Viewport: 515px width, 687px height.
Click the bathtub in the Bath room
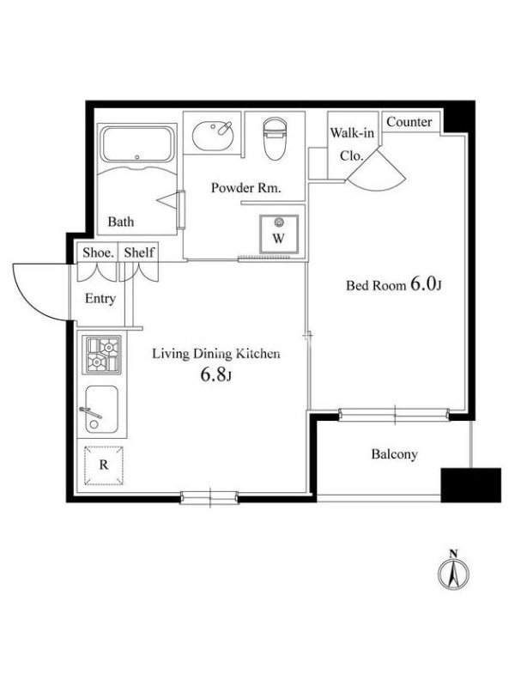click(137, 144)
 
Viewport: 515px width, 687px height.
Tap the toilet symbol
click(275, 137)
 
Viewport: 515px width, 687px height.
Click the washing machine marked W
click(279, 234)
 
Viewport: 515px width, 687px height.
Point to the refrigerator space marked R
click(104, 465)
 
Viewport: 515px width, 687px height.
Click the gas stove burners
click(103, 355)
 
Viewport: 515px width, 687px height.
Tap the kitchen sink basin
click(101, 410)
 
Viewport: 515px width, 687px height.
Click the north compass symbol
click(454, 569)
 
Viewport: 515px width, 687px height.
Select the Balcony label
click(394, 454)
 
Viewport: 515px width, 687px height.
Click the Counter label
click(409, 122)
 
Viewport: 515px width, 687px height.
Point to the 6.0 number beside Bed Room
click(422, 284)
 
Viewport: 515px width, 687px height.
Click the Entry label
click(100, 299)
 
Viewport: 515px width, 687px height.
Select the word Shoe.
click(98, 252)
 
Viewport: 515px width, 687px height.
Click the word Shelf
click(139, 252)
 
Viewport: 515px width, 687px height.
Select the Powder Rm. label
click(245, 188)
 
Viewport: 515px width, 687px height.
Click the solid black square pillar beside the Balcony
click(470, 485)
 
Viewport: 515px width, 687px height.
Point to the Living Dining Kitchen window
click(209, 497)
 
